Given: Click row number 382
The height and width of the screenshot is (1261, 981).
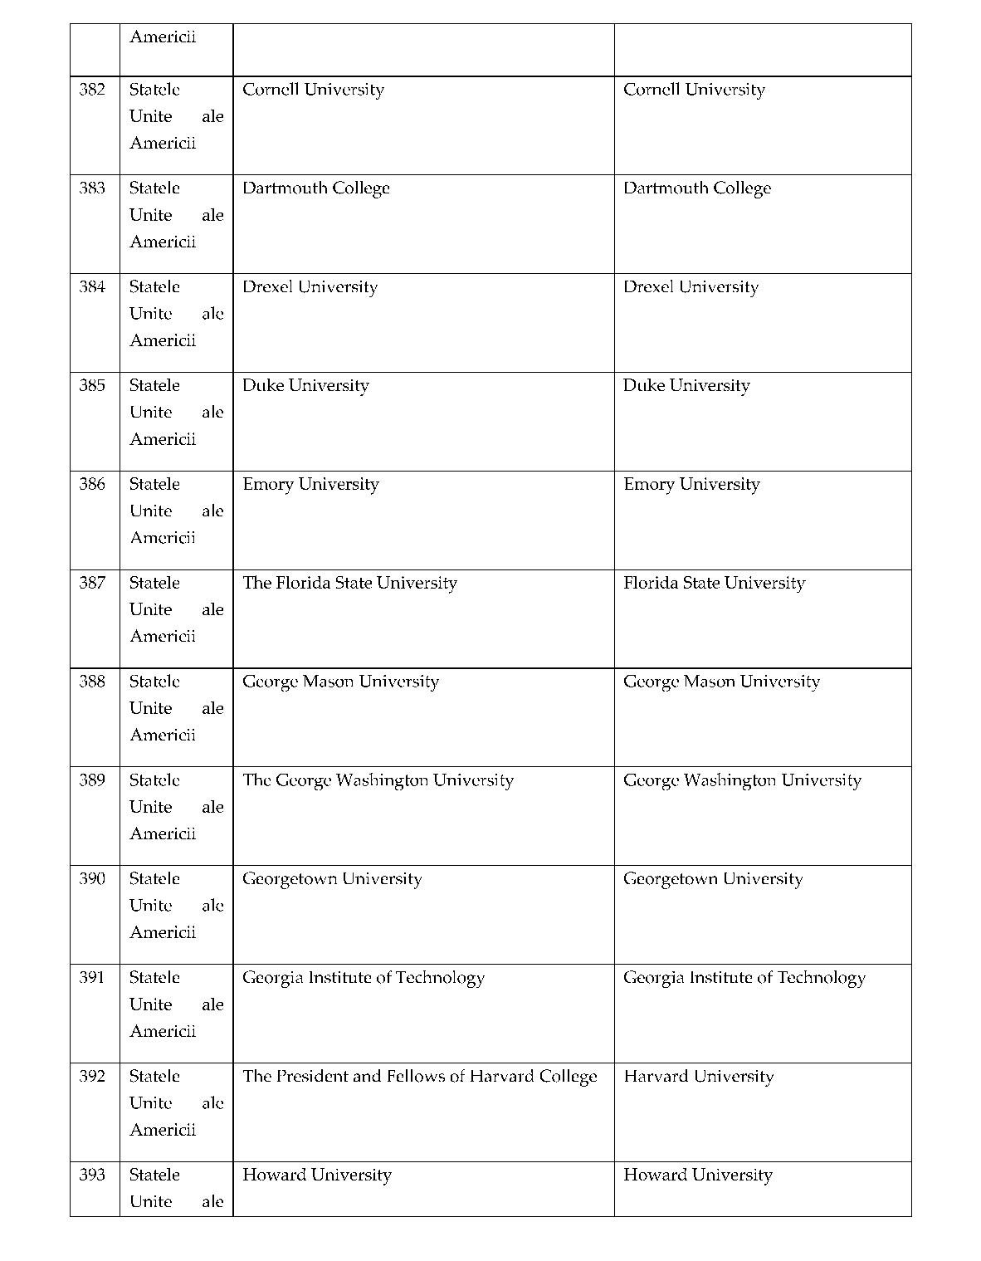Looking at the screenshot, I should pos(92,90).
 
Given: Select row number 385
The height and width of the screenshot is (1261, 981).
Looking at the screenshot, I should pos(92,386).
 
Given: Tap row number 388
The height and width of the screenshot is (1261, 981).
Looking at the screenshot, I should pos(92,682).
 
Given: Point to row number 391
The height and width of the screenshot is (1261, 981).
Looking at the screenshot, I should pos(92,978).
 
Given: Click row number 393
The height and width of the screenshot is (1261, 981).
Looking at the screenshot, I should pos(92,1175).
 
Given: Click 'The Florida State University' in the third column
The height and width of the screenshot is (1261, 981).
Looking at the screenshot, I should pos(349,583).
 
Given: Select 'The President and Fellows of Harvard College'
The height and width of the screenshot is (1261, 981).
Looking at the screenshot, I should pos(419,1077).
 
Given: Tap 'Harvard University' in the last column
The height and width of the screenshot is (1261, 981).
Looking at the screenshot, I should pos(698,1077).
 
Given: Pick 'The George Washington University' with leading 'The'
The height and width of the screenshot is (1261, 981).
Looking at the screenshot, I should pos(378,780).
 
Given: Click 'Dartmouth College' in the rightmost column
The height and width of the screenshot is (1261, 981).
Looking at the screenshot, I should pos(696,188).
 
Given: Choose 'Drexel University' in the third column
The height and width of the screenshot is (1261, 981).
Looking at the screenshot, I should pos(310,287).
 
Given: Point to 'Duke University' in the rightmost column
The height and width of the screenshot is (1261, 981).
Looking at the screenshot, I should pos(686,386).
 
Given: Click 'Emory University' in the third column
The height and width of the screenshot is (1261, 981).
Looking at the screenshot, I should pos(310,484).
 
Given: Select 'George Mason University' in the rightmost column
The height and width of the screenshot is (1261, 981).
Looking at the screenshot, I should pos(721,682).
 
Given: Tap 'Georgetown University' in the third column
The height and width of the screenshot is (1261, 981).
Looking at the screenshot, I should pos(331,879).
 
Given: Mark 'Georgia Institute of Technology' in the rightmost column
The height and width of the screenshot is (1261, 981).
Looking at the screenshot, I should pos(744,978).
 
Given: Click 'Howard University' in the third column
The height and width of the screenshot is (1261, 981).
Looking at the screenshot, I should pos(316,1175).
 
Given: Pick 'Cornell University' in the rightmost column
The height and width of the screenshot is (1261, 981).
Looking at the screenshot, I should pos(694,90).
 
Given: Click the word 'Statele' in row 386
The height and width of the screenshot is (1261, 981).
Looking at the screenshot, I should pos(154,484).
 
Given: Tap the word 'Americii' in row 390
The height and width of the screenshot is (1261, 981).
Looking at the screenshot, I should pos(163,932).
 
